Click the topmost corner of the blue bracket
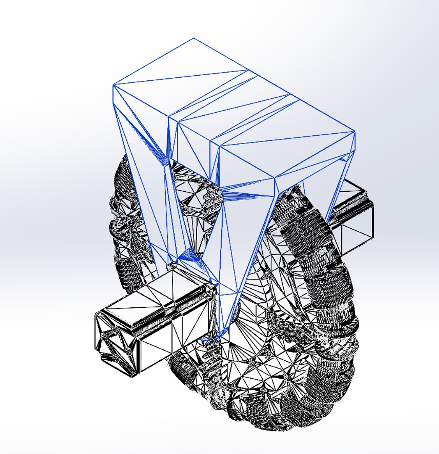tap(193, 38)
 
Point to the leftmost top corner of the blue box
tap(113, 85)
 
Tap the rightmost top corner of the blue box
tap(355, 132)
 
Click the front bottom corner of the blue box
tap(275, 178)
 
